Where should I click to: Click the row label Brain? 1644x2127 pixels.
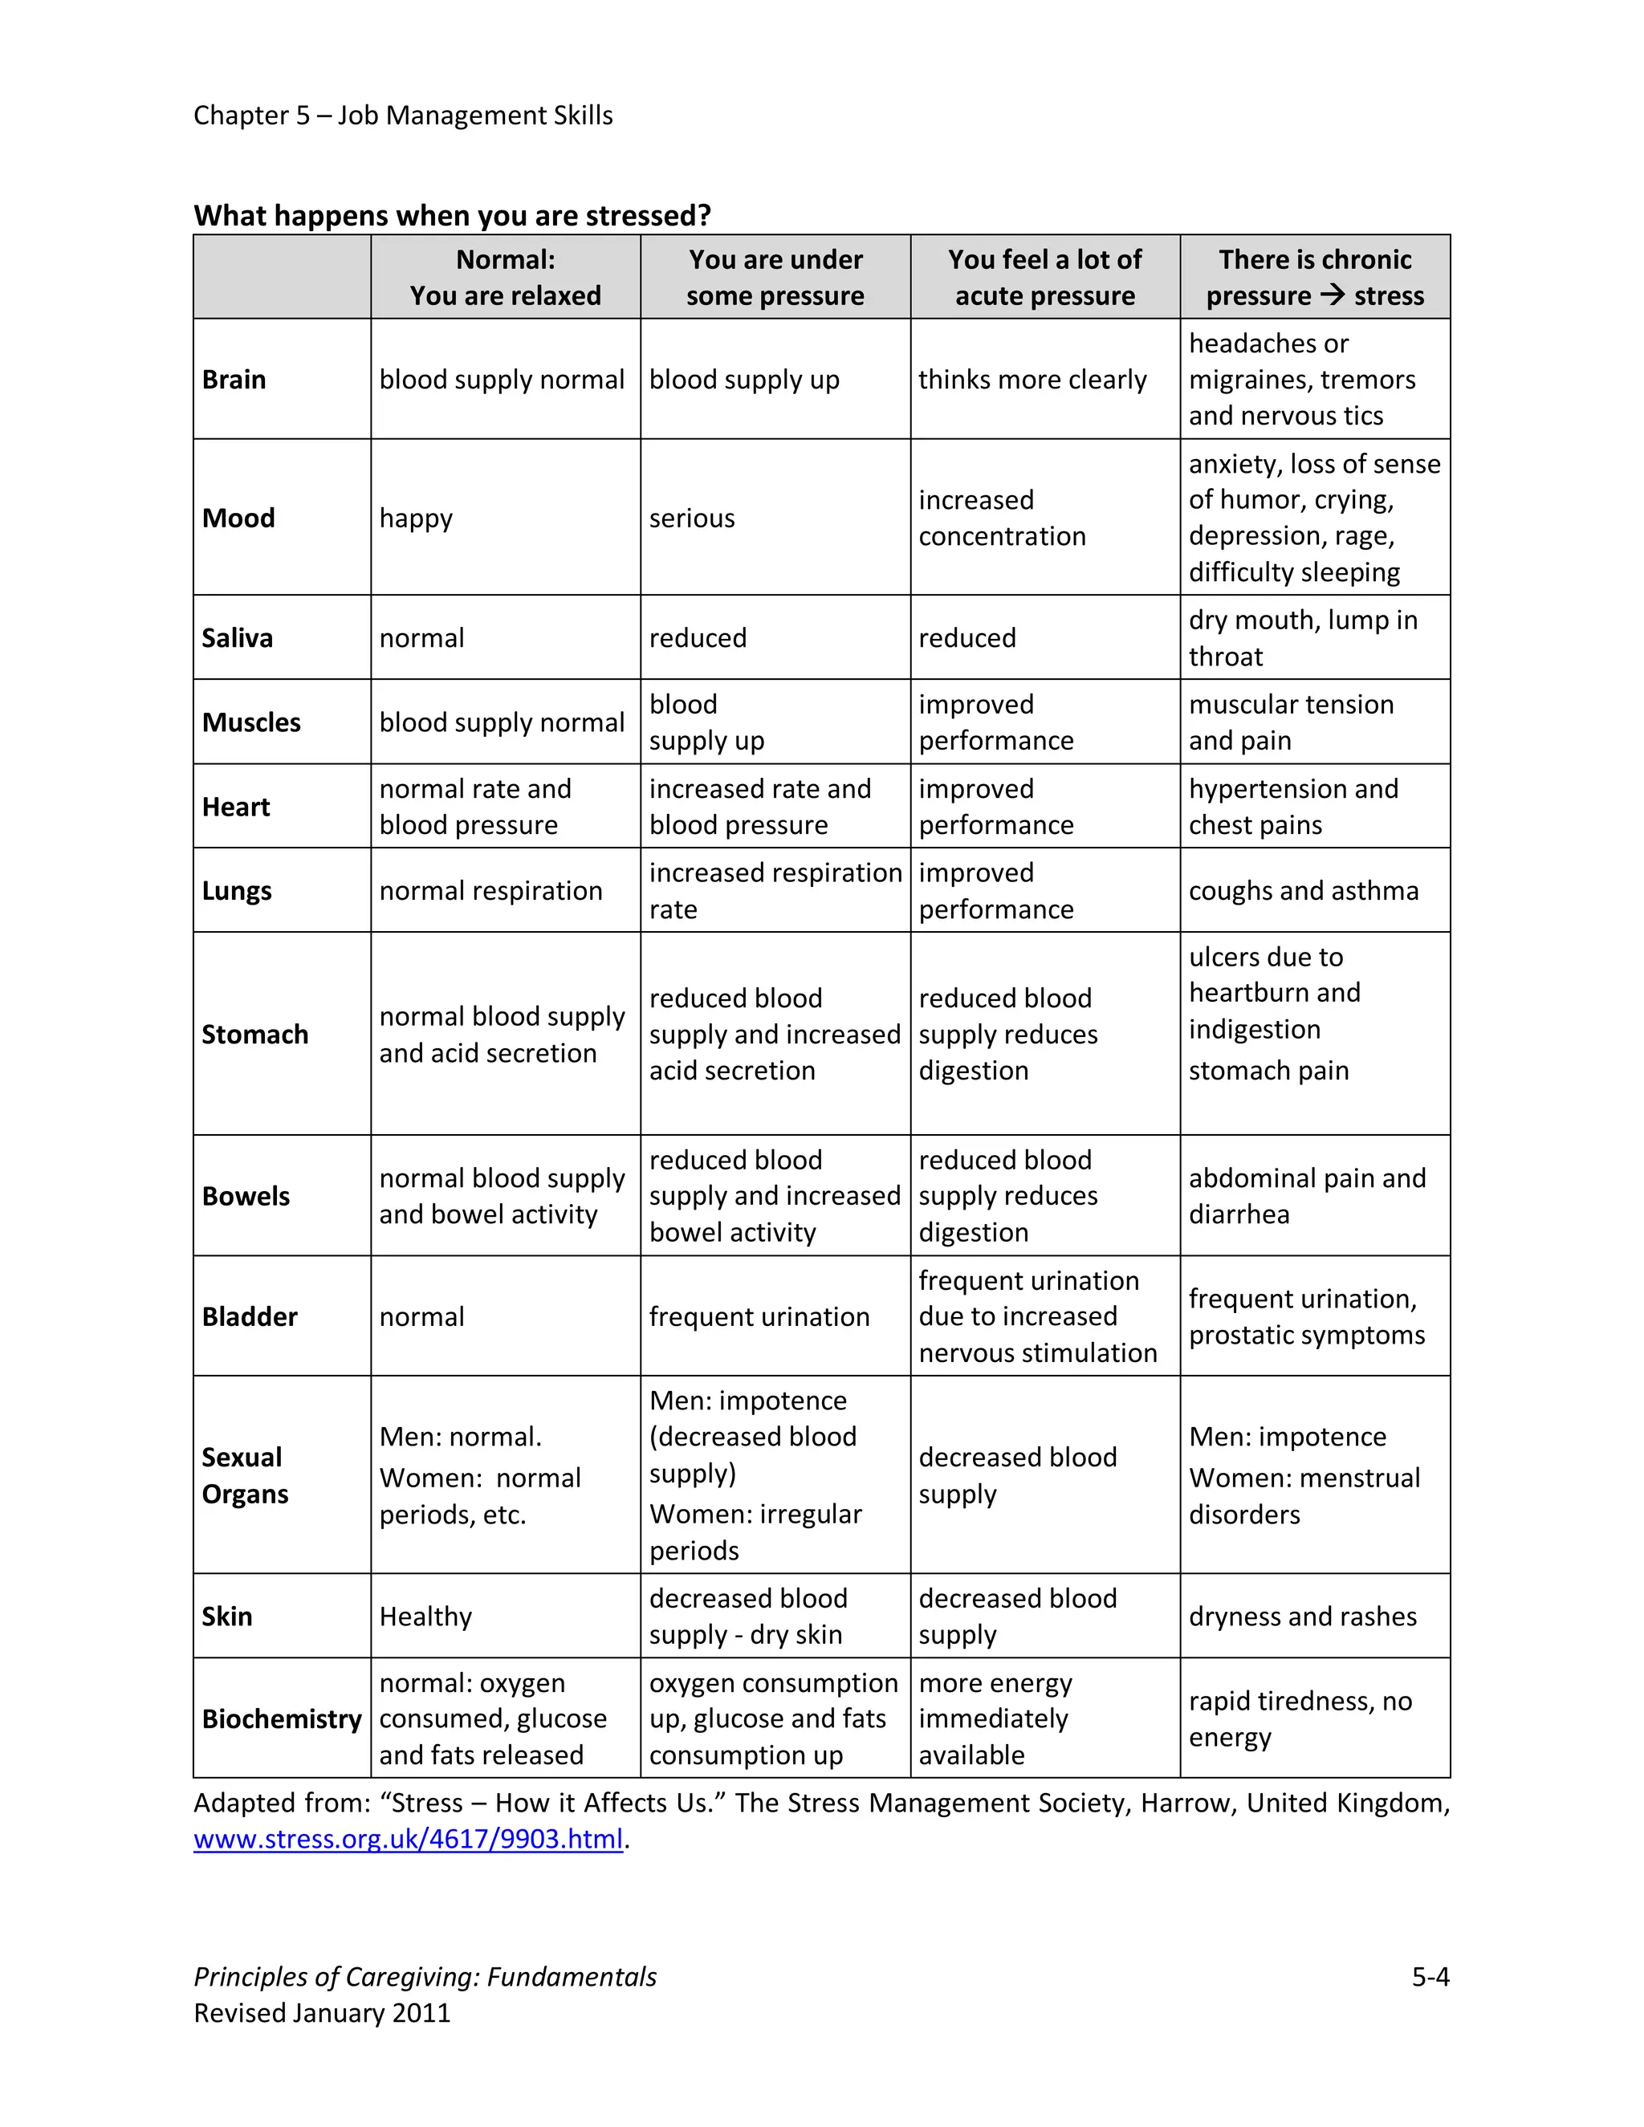[234, 379]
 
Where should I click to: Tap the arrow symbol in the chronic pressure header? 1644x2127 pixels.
[1332, 294]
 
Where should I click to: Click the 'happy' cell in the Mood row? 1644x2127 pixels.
[416, 519]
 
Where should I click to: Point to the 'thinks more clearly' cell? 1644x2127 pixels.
[1032, 379]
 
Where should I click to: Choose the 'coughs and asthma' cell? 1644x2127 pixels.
[1303, 890]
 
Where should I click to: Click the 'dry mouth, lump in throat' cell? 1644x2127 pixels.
[1303, 638]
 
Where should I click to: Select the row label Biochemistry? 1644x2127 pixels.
[282, 1719]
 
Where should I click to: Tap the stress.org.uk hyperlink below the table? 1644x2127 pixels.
[408, 1839]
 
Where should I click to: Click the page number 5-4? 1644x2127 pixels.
[1430, 1976]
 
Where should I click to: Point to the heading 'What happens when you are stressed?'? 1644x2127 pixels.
[452, 215]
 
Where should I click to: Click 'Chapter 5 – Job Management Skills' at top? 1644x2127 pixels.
[403, 115]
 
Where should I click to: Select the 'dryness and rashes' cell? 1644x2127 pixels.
[1302, 1616]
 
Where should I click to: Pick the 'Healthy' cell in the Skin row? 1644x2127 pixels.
[425, 1616]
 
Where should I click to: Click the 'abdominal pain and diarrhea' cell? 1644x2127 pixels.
[1307, 1196]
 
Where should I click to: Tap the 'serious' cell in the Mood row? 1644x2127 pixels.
[691, 519]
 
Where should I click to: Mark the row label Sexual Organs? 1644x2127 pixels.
[245, 1475]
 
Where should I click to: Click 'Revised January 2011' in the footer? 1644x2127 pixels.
[323, 2013]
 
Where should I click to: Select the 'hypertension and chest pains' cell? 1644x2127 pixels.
[1293, 807]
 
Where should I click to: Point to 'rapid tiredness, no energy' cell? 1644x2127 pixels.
[1300, 1719]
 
